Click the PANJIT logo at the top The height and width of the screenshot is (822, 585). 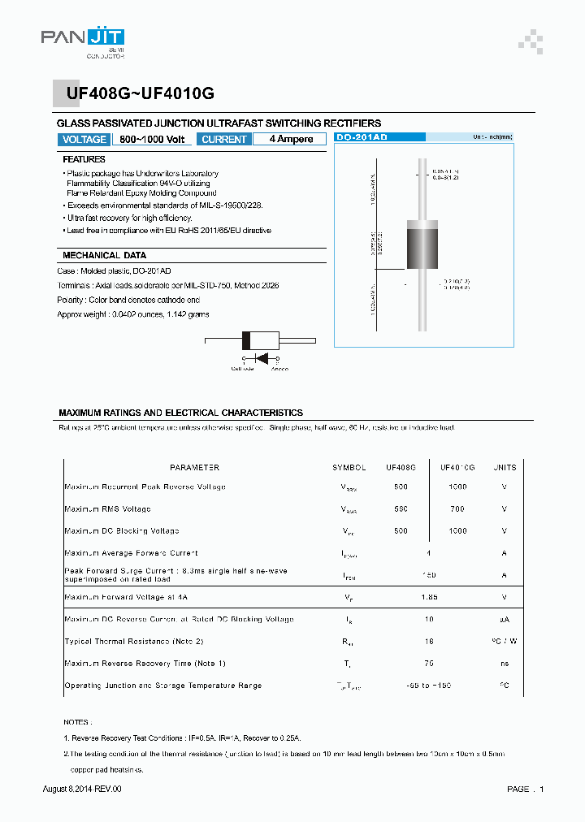click(x=82, y=40)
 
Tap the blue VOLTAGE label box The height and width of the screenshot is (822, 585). click(x=84, y=140)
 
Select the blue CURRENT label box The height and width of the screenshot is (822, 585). click(x=223, y=140)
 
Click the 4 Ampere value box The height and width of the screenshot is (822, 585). click(x=290, y=140)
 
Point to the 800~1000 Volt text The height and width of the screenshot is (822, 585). click(x=152, y=140)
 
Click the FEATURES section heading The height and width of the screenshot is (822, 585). click(x=84, y=160)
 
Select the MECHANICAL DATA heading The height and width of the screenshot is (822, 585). click(x=105, y=255)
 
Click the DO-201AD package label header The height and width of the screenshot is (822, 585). click(x=364, y=138)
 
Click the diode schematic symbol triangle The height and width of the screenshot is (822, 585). click(x=262, y=358)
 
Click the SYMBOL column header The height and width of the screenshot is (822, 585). click(x=349, y=468)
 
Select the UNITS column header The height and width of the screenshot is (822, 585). click(x=505, y=468)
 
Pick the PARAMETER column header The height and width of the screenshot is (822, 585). click(x=194, y=468)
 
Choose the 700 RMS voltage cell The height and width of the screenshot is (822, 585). click(x=457, y=509)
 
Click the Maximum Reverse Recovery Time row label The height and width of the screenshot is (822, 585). click(x=145, y=664)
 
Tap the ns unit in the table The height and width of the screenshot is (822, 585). click(x=505, y=664)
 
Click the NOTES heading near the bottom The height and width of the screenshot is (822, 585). click(x=78, y=721)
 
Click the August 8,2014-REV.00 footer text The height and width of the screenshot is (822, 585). click(x=81, y=790)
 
